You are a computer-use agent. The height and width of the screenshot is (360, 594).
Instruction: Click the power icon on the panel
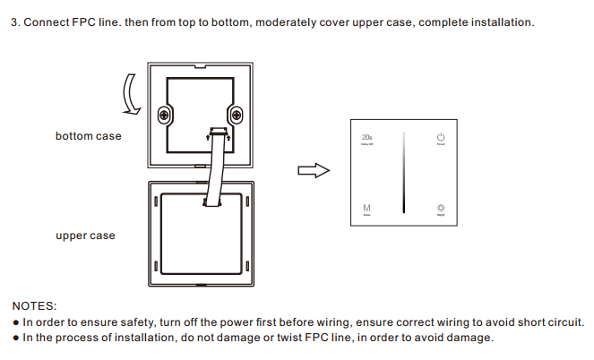[x=440, y=137]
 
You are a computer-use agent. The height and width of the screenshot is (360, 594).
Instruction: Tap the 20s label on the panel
[x=366, y=137]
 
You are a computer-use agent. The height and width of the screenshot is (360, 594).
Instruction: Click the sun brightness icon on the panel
[x=440, y=208]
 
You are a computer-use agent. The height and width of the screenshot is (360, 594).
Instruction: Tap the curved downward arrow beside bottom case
[x=133, y=95]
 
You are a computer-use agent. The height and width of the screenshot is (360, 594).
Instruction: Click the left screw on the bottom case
[x=164, y=115]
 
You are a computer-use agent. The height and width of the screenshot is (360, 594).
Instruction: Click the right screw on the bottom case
[x=236, y=115]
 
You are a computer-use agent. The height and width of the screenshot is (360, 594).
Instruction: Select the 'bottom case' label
[x=88, y=136]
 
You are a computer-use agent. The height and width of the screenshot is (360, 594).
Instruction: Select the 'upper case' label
[x=85, y=236]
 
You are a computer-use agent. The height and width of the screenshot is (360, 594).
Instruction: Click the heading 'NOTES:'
[x=34, y=305]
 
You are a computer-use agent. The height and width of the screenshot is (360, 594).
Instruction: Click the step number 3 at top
[x=13, y=21]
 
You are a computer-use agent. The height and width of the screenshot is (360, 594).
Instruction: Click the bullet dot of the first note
[x=15, y=321]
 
